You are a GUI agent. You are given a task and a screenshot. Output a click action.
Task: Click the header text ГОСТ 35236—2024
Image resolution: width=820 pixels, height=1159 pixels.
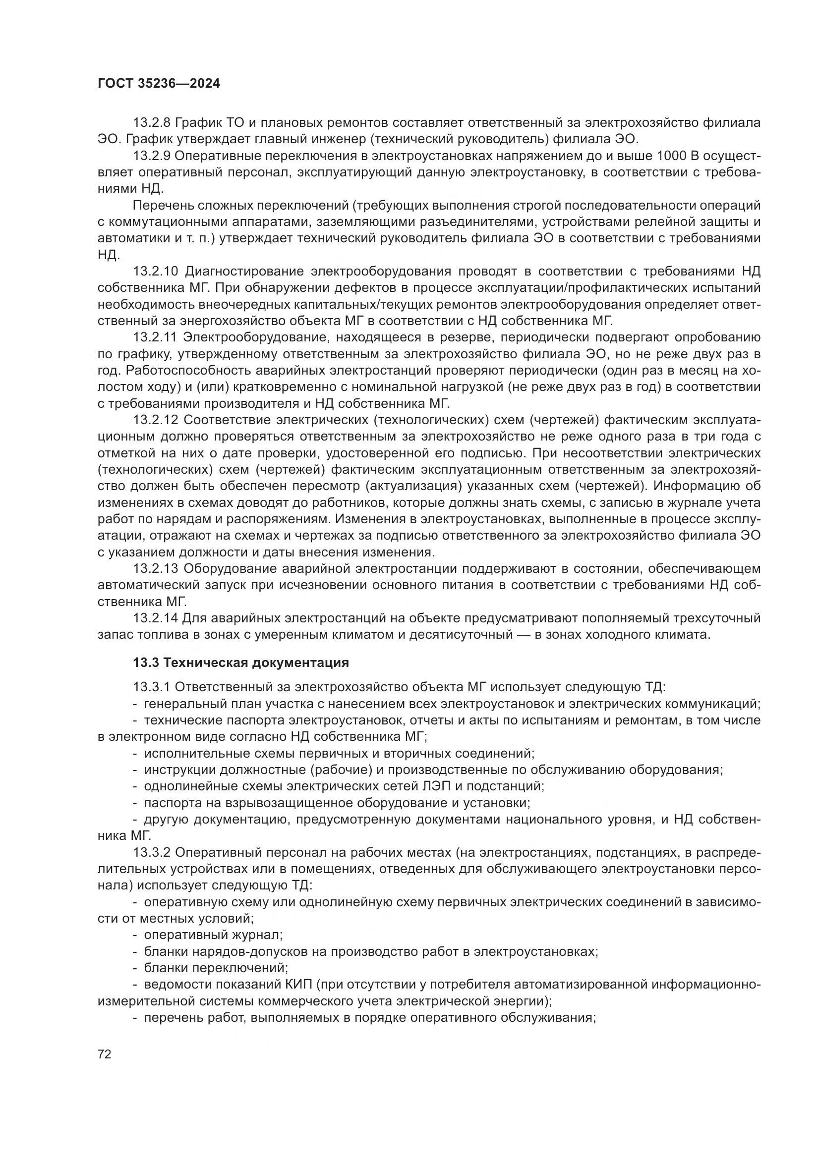pyautogui.click(x=159, y=84)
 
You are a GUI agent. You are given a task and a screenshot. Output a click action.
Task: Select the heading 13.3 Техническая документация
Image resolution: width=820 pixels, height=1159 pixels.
pyautogui.click(x=241, y=663)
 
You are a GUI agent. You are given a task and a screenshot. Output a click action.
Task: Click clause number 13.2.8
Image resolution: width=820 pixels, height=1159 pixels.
pyautogui.click(x=155, y=123)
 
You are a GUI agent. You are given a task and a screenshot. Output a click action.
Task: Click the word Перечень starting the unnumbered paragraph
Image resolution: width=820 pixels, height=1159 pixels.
pyautogui.click(x=165, y=206)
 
